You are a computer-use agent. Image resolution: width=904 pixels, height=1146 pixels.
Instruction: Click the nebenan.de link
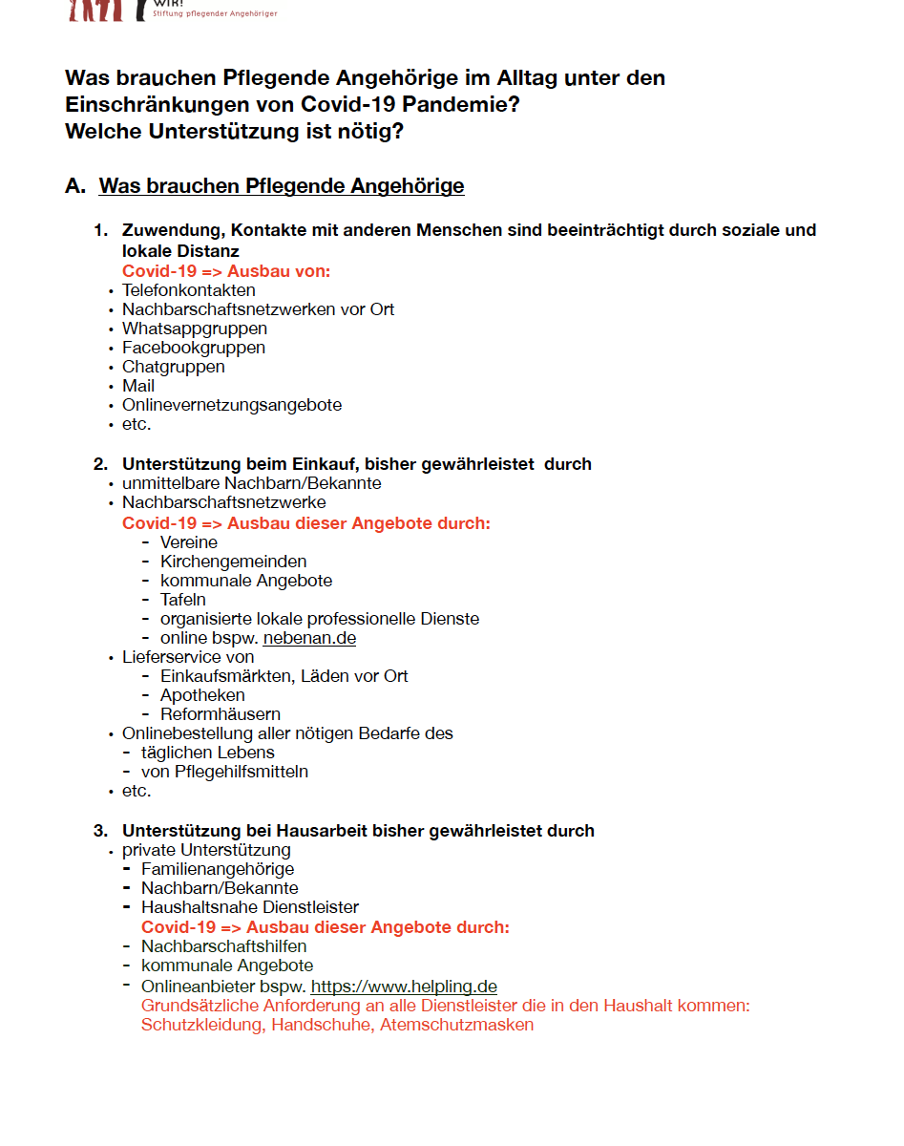(x=309, y=638)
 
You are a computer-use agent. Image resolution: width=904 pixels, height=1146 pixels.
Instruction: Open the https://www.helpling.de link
(x=404, y=987)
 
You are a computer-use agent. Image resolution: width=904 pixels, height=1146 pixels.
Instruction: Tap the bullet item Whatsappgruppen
(x=194, y=329)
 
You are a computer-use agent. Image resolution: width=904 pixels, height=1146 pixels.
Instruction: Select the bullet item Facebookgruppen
(x=193, y=348)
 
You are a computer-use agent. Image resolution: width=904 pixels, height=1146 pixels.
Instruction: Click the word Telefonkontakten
(x=188, y=290)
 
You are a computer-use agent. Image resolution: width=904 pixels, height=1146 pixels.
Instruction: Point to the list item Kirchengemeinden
(x=233, y=562)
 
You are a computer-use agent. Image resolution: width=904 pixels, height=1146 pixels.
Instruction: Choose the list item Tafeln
(x=183, y=600)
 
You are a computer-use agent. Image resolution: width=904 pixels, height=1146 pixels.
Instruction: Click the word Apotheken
(x=202, y=695)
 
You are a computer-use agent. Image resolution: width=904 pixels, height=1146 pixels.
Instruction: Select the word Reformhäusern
(x=220, y=714)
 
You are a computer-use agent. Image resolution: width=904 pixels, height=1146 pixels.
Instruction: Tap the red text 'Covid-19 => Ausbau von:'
(x=226, y=271)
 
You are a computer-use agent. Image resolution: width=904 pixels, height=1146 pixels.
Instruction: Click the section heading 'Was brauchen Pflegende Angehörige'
(x=282, y=186)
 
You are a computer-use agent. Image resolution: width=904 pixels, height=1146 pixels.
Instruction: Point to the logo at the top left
(x=95, y=10)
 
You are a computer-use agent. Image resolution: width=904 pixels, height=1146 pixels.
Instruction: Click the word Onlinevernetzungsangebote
(x=231, y=405)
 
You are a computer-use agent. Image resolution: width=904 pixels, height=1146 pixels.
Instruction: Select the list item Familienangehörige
(x=218, y=869)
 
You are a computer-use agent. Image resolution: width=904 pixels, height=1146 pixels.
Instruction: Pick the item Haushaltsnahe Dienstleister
(x=250, y=907)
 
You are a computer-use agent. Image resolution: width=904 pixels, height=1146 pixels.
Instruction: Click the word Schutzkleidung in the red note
(x=202, y=1025)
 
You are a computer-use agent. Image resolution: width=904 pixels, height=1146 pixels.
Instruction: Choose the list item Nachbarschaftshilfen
(x=224, y=946)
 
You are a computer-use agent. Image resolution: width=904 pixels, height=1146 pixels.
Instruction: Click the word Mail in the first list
(x=138, y=386)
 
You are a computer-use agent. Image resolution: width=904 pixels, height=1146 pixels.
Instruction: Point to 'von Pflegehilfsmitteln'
(x=224, y=772)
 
